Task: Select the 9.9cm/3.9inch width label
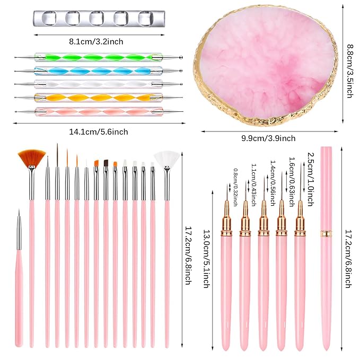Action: click(x=272, y=138)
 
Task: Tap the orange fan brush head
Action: click(x=31, y=157)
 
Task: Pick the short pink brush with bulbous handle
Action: click(x=20, y=286)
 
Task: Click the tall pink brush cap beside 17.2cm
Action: click(x=326, y=249)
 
